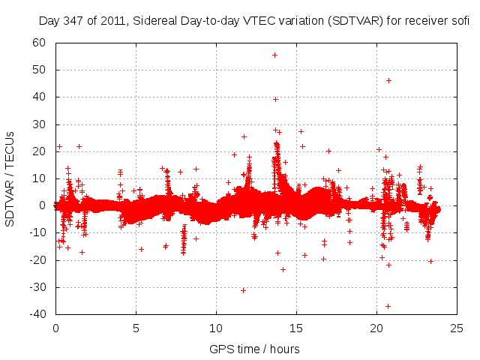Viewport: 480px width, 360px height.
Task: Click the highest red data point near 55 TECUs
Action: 274,55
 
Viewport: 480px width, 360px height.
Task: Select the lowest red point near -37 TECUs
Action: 388,306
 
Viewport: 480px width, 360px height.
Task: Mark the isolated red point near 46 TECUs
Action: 388,80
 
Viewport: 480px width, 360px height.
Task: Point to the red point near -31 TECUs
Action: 243,290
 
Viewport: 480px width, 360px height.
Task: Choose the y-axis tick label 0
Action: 43,205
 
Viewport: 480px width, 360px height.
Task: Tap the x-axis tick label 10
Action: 216,328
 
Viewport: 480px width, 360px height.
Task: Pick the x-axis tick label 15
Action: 296,328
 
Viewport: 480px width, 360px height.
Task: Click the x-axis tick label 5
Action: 136,328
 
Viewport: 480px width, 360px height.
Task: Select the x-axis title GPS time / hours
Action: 256,349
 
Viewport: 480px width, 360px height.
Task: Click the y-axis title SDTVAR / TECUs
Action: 10,178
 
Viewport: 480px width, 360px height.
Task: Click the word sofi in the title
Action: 459,21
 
